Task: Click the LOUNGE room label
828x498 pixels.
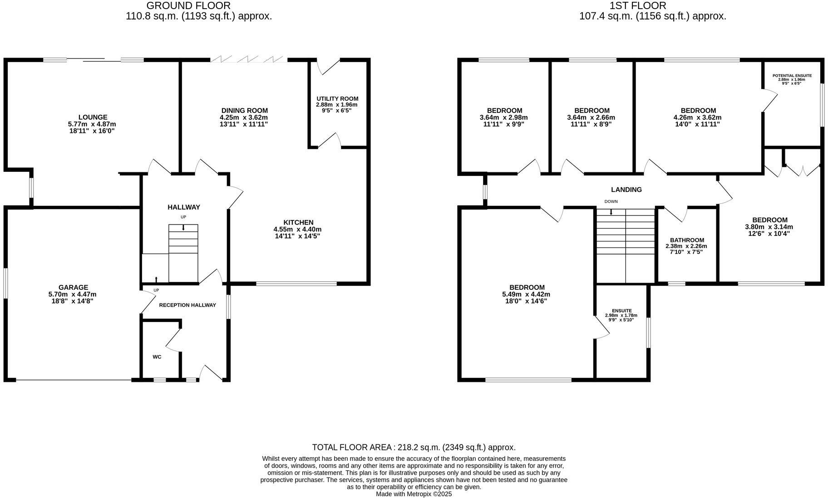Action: click(x=93, y=117)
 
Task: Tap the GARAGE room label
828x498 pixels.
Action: click(x=73, y=287)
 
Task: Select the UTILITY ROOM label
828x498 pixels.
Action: click(x=337, y=98)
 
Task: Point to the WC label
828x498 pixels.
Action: click(x=157, y=357)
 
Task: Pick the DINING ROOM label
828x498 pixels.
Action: click(x=244, y=110)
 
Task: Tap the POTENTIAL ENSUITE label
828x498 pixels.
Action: click(x=792, y=75)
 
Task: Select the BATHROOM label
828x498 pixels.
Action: click(x=687, y=240)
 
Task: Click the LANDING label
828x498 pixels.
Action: click(x=626, y=190)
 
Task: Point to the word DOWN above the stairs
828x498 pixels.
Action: click(x=611, y=201)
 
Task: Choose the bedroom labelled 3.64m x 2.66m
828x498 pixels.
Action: click(x=591, y=117)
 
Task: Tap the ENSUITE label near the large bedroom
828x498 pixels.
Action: click(x=621, y=311)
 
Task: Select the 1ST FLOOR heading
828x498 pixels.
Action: click(x=638, y=5)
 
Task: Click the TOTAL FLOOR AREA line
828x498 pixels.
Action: click(x=414, y=447)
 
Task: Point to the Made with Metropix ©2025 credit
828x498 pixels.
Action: click(x=414, y=494)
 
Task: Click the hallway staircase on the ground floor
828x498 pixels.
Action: click(x=183, y=253)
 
